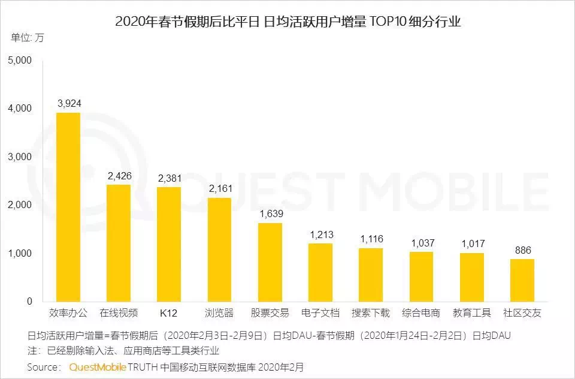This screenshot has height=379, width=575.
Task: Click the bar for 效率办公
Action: tap(68, 207)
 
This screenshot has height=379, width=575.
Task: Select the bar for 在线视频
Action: tap(119, 243)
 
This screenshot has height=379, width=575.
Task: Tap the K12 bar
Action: tap(169, 244)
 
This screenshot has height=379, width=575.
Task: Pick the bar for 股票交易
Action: tap(270, 262)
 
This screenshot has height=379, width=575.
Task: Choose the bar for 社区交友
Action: tap(522, 280)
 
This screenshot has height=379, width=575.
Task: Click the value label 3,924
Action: tap(69, 103)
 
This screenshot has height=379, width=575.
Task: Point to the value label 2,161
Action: tap(220, 188)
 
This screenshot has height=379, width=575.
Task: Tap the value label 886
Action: tap(522, 249)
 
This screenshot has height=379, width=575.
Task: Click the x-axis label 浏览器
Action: tap(219, 313)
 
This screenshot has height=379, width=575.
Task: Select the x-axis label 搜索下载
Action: tap(371, 313)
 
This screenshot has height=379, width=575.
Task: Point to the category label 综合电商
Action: tap(421, 313)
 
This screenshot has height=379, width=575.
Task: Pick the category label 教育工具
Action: tap(471, 313)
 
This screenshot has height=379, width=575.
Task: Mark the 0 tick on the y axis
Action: tap(28, 302)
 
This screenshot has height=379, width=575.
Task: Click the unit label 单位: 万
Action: tap(28, 38)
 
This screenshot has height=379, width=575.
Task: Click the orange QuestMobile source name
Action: tap(98, 366)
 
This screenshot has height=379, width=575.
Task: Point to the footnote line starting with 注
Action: tap(123, 350)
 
